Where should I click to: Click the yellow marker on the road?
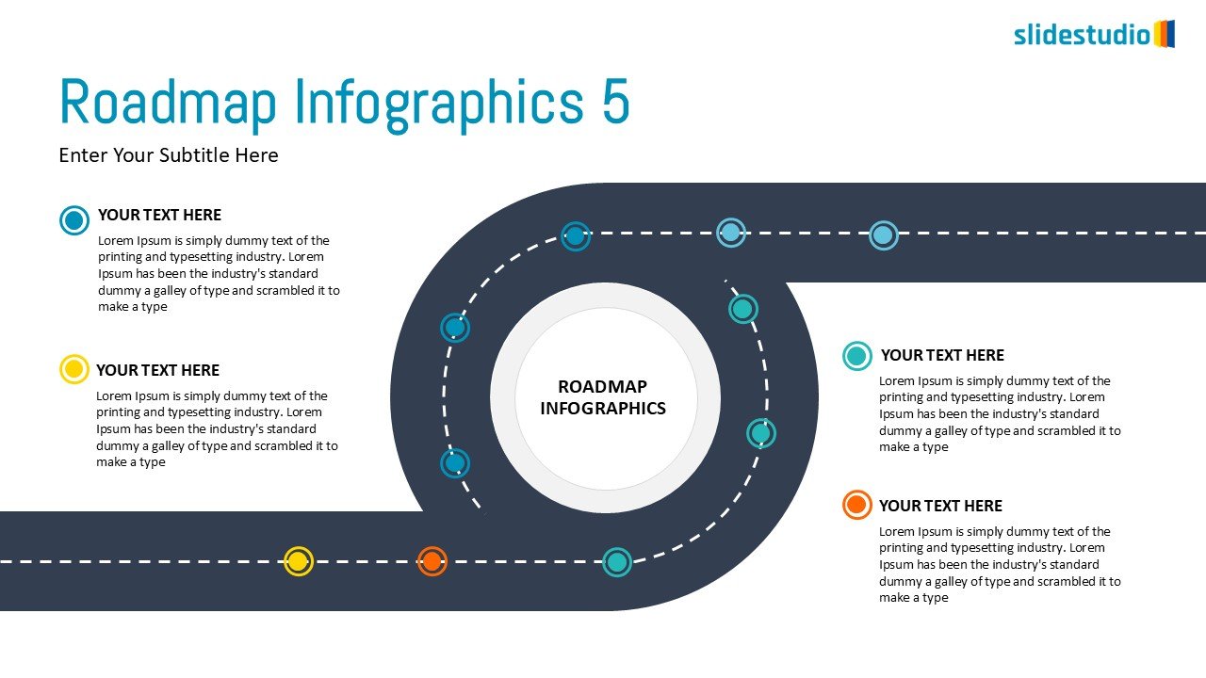coord(298,561)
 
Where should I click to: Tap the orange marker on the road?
coord(432,561)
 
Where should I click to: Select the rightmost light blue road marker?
coord(883,234)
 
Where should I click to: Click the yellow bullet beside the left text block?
coord(73,369)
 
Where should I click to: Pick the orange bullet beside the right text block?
coord(856,505)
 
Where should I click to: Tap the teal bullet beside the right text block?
coord(856,355)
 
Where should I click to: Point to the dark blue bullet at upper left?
coord(73,220)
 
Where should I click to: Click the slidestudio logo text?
coord(1082,36)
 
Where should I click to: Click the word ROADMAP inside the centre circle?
coord(602,386)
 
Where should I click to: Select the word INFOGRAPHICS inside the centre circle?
coord(602,409)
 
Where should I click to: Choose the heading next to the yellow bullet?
coord(157,370)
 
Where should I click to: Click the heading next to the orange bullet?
coord(940,506)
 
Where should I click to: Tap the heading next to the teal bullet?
coord(942,355)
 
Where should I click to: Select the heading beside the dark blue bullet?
coord(159,215)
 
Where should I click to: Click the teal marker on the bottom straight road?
coord(616,561)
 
